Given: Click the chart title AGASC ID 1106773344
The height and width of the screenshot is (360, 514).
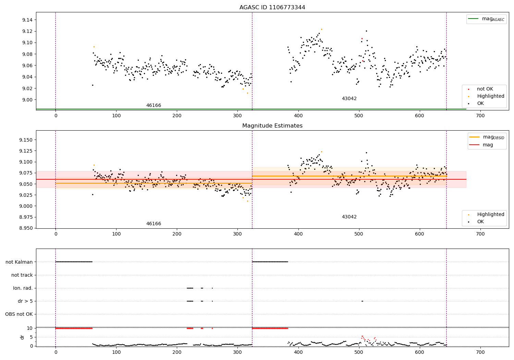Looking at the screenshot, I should (272, 8).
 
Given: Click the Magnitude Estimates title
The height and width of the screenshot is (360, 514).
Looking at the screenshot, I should (272, 126).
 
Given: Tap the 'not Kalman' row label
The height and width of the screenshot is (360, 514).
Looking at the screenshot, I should (19, 262).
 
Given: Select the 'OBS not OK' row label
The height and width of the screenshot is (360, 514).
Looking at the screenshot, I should (19, 314).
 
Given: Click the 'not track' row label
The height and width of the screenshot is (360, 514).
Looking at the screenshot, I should (22, 275).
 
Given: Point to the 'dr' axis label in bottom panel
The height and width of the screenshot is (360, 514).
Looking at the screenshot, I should (22, 337).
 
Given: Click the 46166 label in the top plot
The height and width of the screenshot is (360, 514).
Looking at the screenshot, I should (154, 106).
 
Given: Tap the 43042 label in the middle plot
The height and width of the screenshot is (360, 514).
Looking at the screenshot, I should (349, 217).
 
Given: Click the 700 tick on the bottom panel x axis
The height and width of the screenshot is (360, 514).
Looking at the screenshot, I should (480, 352).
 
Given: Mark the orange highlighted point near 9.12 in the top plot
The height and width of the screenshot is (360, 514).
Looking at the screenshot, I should (321, 29).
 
